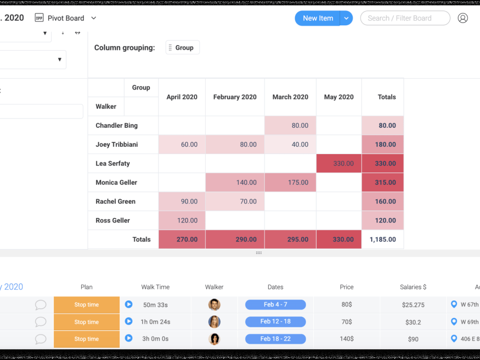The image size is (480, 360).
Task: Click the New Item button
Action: [x=317, y=18]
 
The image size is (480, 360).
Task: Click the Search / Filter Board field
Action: [x=405, y=18]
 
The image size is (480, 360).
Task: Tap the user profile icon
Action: [x=463, y=18]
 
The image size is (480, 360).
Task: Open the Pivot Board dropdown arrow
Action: [x=94, y=18]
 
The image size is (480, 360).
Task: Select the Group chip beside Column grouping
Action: [x=183, y=48]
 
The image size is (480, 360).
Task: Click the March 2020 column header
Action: [x=290, y=97]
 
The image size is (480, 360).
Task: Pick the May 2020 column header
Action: [x=339, y=97]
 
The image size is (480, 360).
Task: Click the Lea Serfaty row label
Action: [x=113, y=164]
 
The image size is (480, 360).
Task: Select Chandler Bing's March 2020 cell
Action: [x=290, y=125]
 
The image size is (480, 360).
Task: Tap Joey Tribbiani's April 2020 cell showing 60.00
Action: [x=182, y=144]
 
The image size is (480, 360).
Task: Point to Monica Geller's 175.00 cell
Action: [x=290, y=182]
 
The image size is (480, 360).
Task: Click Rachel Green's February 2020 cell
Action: [x=235, y=202]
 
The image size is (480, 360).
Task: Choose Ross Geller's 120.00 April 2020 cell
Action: [x=182, y=220]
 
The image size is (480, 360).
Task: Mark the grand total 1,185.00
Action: [x=383, y=240]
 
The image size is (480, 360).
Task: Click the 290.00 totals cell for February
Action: [x=235, y=240]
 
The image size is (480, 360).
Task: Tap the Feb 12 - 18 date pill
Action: [x=276, y=322]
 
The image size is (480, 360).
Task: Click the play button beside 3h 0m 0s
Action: [x=129, y=338]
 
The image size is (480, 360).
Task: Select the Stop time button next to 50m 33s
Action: [x=86, y=305]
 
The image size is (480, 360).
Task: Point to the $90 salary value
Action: [x=413, y=339]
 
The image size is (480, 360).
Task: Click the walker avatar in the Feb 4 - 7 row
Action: [x=214, y=305]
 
